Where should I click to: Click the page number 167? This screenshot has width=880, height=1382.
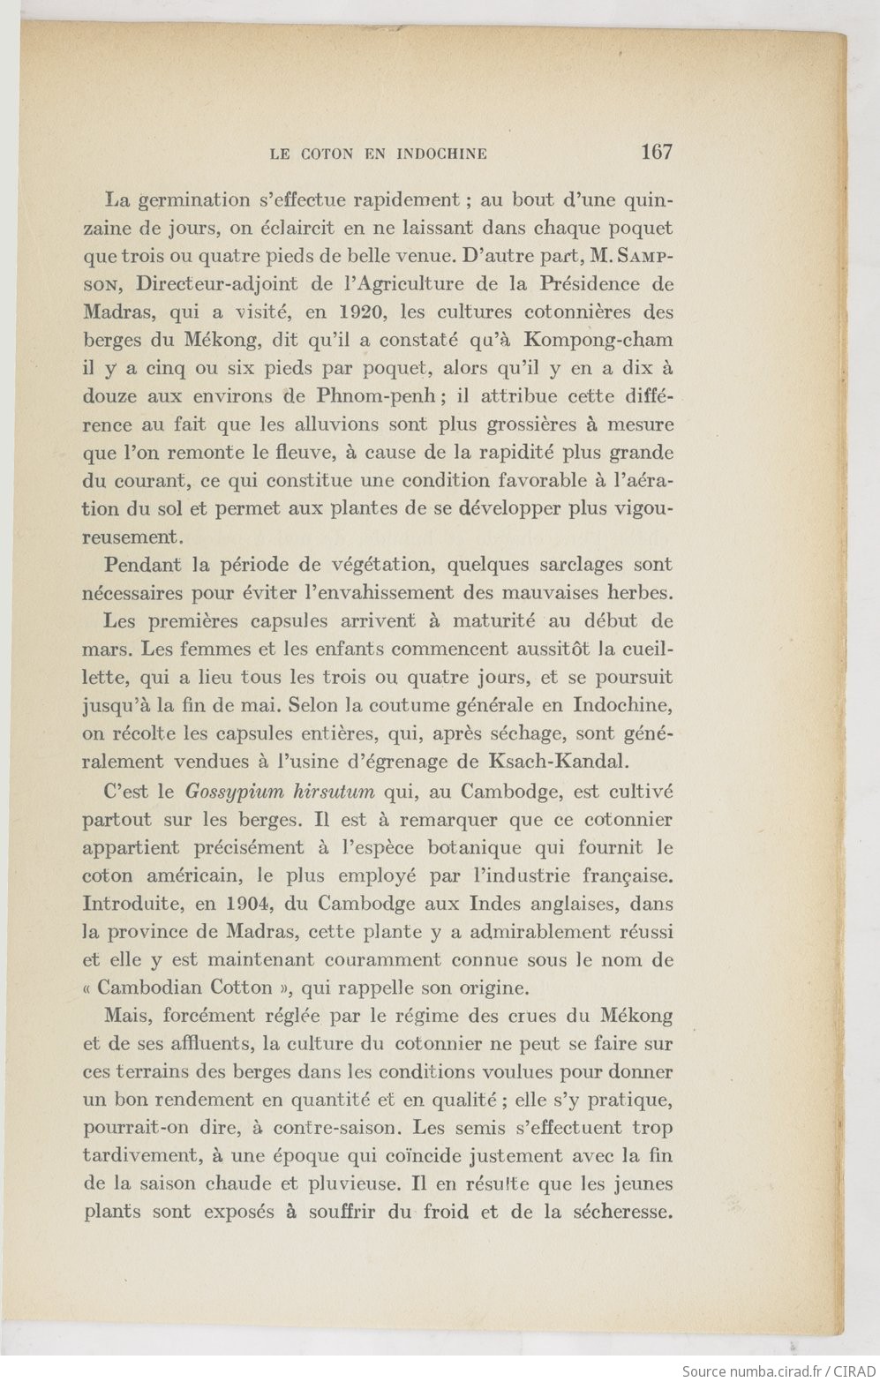(658, 151)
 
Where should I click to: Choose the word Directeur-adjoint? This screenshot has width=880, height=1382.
(200, 283)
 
